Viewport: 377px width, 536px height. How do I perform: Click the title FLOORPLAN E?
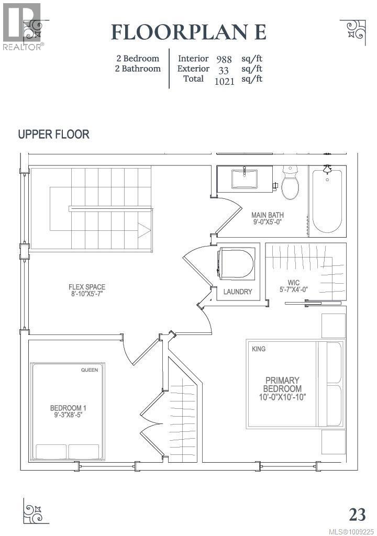click(188, 32)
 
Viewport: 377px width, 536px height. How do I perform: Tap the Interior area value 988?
click(224, 59)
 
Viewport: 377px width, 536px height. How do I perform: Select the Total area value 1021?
click(225, 81)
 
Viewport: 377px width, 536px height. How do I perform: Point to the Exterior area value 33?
click(224, 71)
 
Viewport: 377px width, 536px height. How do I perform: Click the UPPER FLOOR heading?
click(54, 135)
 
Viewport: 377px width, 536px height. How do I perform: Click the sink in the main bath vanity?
click(244, 178)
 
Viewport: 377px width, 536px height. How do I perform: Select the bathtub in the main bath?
click(327, 201)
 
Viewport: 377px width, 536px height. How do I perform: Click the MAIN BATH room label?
click(268, 215)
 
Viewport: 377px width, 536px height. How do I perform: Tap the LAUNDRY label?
click(238, 292)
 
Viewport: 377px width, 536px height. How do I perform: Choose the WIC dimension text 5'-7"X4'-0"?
click(294, 289)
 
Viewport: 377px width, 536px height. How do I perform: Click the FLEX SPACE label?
click(87, 287)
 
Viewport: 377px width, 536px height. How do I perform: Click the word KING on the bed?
click(259, 349)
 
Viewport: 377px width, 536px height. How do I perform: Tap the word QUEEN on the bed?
click(90, 370)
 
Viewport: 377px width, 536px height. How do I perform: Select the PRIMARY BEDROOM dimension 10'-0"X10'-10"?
click(282, 397)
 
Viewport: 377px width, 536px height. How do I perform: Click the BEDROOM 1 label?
click(68, 408)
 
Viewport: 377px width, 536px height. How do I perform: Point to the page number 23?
click(357, 514)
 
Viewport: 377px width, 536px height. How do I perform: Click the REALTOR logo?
click(22, 27)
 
